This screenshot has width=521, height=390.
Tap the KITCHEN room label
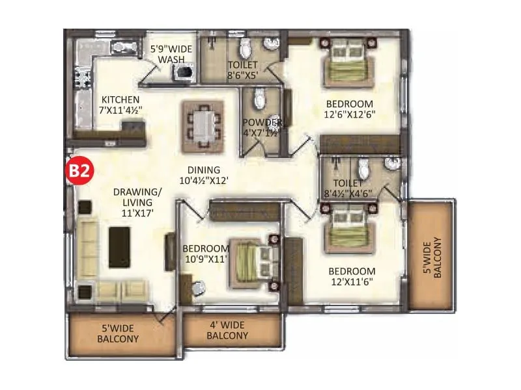[119, 99]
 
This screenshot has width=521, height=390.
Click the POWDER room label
[262, 123]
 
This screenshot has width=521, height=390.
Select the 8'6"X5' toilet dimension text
[242, 75]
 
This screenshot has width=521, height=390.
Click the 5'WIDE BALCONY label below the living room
[118, 333]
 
